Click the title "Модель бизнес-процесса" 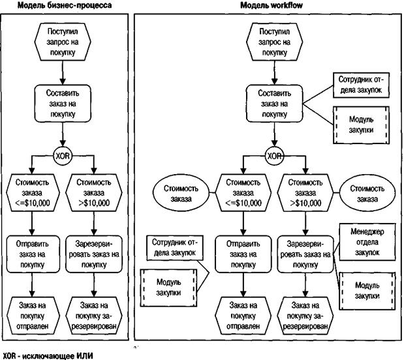pyautogui.click(x=65, y=5)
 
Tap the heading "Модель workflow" pyautogui.click(x=272, y=5)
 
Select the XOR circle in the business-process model pyautogui.click(x=63, y=156)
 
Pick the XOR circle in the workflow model pyautogui.click(x=274, y=156)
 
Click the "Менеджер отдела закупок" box pyautogui.click(x=367, y=242)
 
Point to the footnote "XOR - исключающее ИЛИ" pyautogui.click(x=47, y=356)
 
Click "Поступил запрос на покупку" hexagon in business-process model pyautogui.click(x=63, y=42)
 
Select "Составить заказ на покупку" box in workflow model pyautogui.click(x=274, y=104)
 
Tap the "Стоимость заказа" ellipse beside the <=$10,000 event pyautogui.click(x=181, y=193)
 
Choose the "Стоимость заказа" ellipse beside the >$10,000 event pyautogui.click(x=367, y=193)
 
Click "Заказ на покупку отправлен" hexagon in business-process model pyautogui.click(x=32, y=316)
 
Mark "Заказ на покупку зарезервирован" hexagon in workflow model pyautogui.click(x=305, y=316)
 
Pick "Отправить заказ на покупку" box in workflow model pyautogui.click(x=243, y=254)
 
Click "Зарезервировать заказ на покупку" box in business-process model pyautogui.click(x=94, y=254)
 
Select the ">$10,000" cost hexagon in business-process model pyautogui.click(x=94, y=193)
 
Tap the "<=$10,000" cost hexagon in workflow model pyautogui.click(x=243, y=193)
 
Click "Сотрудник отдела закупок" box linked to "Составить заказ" pyautogui.click(x=361, y=85)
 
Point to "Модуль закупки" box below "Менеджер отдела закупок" pyautogui.click(x=367, y=291)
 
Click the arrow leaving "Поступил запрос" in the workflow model pyautogui.click(x=274, y=73)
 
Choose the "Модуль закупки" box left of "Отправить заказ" pyautogui.click(x=169, y=288)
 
